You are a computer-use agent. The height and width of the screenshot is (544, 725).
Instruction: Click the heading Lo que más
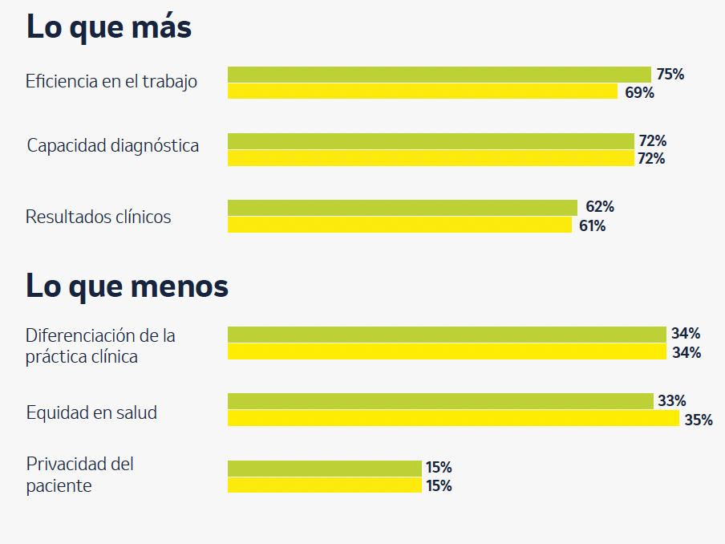(109, 27)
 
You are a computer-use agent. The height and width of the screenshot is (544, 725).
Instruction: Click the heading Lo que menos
(127, 286)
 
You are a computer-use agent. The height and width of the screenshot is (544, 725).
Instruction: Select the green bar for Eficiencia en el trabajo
(439, 75)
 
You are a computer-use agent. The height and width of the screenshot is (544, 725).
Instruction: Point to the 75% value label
(670, 75)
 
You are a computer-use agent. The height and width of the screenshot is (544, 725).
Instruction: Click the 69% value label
(639, 93)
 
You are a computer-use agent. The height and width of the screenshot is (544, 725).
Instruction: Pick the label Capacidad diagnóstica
(113, 146)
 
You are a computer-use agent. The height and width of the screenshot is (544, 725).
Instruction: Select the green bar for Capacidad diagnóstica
(431, 141)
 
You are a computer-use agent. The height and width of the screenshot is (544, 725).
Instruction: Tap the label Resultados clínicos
(98, 217)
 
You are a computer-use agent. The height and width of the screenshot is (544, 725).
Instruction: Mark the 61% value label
(592, 226)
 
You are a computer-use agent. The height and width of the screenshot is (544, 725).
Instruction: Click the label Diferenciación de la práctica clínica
(100, 346)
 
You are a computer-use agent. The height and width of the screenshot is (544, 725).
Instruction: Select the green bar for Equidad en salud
(440, 401)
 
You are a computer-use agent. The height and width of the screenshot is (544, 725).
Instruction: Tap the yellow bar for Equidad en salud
(453, 419)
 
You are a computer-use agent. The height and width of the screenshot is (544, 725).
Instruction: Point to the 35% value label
(698, 420)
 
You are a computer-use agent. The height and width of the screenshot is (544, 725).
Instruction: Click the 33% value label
(671, 401)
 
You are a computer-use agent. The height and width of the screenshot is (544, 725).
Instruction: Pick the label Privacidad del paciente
(79, 474)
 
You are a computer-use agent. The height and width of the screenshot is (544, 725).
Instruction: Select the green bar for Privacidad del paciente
(324, 468)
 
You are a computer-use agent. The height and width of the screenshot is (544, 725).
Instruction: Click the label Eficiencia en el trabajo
(111, 82)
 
